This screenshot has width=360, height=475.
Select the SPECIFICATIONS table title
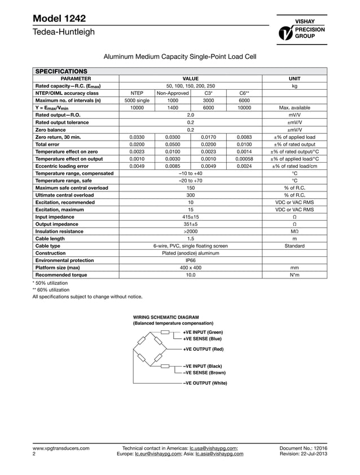(62, 72)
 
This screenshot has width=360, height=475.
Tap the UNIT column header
(294, 79)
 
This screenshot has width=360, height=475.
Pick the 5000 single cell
(137, 100)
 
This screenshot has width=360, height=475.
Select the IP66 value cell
(190, 260)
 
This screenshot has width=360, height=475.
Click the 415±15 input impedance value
(190, 216)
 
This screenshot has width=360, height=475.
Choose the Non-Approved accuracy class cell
(173, 93)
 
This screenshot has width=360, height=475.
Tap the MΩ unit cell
(294, 231)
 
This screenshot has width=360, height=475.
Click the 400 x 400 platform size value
(190, 268)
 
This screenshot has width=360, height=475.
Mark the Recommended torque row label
(62, 275)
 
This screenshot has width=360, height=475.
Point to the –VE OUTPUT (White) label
(205, 384)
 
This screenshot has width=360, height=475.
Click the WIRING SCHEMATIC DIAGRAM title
(165, 317)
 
